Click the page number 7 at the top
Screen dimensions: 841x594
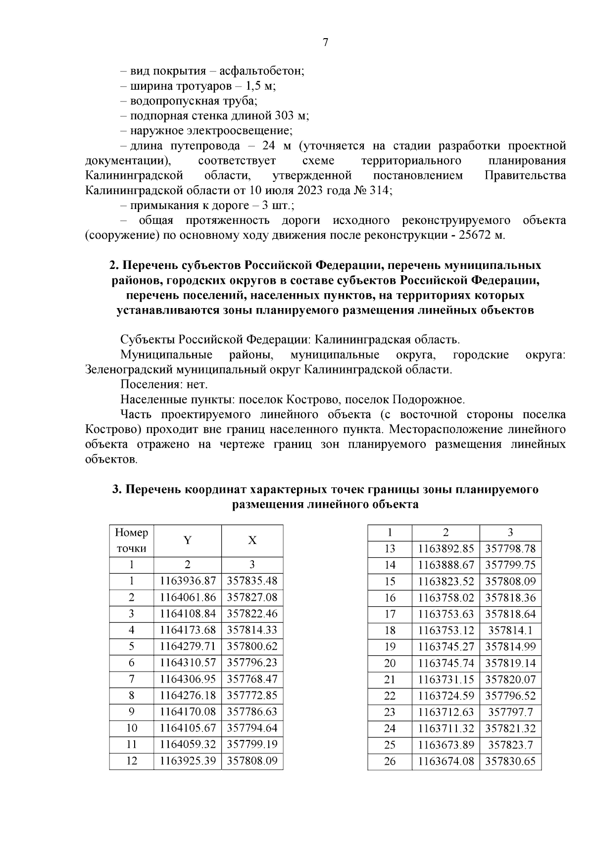pos(325,43)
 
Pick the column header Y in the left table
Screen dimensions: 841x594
pos(187,540)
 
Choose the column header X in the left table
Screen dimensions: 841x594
pos(252,540)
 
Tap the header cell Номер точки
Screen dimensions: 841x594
pos(131,540)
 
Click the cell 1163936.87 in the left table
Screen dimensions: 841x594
pos(188,581)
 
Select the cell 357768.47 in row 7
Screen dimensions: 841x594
pos(252,679)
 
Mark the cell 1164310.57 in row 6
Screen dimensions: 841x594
pos(188,663)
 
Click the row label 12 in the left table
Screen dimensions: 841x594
pos(131,761)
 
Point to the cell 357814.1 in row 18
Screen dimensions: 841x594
pos(510,631)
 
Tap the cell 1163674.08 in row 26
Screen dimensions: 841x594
pos(446,761)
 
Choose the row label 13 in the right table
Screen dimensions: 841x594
pos(390,549)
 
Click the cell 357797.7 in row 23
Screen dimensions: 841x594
pos(510,712)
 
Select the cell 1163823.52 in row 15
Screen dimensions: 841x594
pos(446,581)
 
